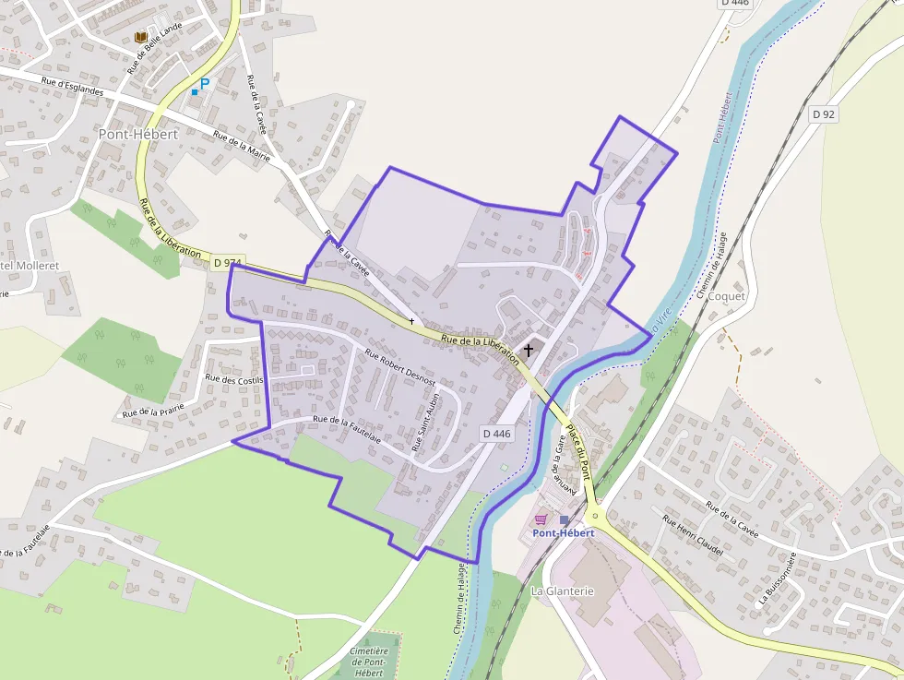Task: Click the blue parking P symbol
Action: tap(205, 83)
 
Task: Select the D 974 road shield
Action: tap(226, 263)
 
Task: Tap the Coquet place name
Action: tap(726, 296)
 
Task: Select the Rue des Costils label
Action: tap(234, 379)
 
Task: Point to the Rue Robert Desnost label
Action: tap(400, 366)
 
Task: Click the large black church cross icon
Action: tap(529, 350)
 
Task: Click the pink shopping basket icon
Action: tap(541, 520)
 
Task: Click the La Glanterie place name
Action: tap(563, 591)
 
